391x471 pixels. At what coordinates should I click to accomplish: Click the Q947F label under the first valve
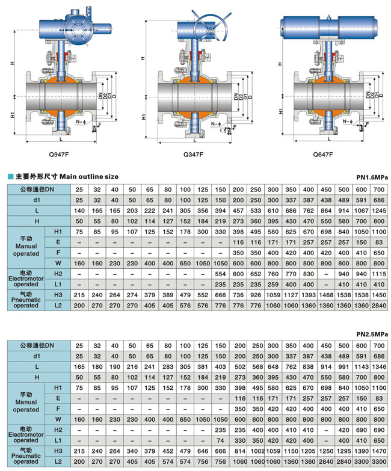coord(61,154)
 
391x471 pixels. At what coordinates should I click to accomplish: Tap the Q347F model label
coord(193,154)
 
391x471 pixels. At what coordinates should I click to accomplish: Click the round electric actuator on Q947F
coord(79,28)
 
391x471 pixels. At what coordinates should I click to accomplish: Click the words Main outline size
coord(88,176)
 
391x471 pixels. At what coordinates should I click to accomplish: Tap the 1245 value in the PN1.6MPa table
coord(379,211)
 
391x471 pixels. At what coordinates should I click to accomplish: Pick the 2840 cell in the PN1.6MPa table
coord(379,306)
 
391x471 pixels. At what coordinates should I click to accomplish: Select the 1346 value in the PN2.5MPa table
coord(379,366)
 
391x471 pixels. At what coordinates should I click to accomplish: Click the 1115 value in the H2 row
coord(379,273)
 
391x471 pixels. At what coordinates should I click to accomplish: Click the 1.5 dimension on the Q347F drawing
coord(223,130)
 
